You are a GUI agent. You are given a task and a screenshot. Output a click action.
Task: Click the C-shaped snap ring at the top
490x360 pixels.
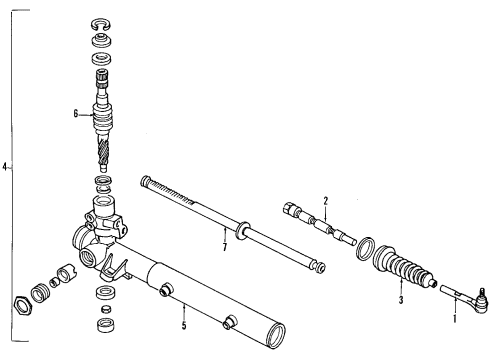coord(100,22)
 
